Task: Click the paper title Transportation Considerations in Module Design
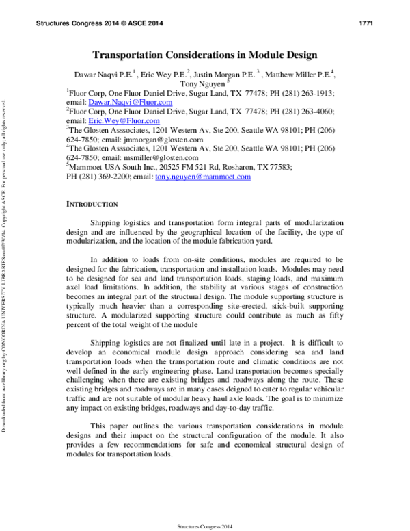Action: coord(205,54)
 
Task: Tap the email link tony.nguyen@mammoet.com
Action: coord(203,177)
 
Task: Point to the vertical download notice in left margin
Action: coord(5,267)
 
